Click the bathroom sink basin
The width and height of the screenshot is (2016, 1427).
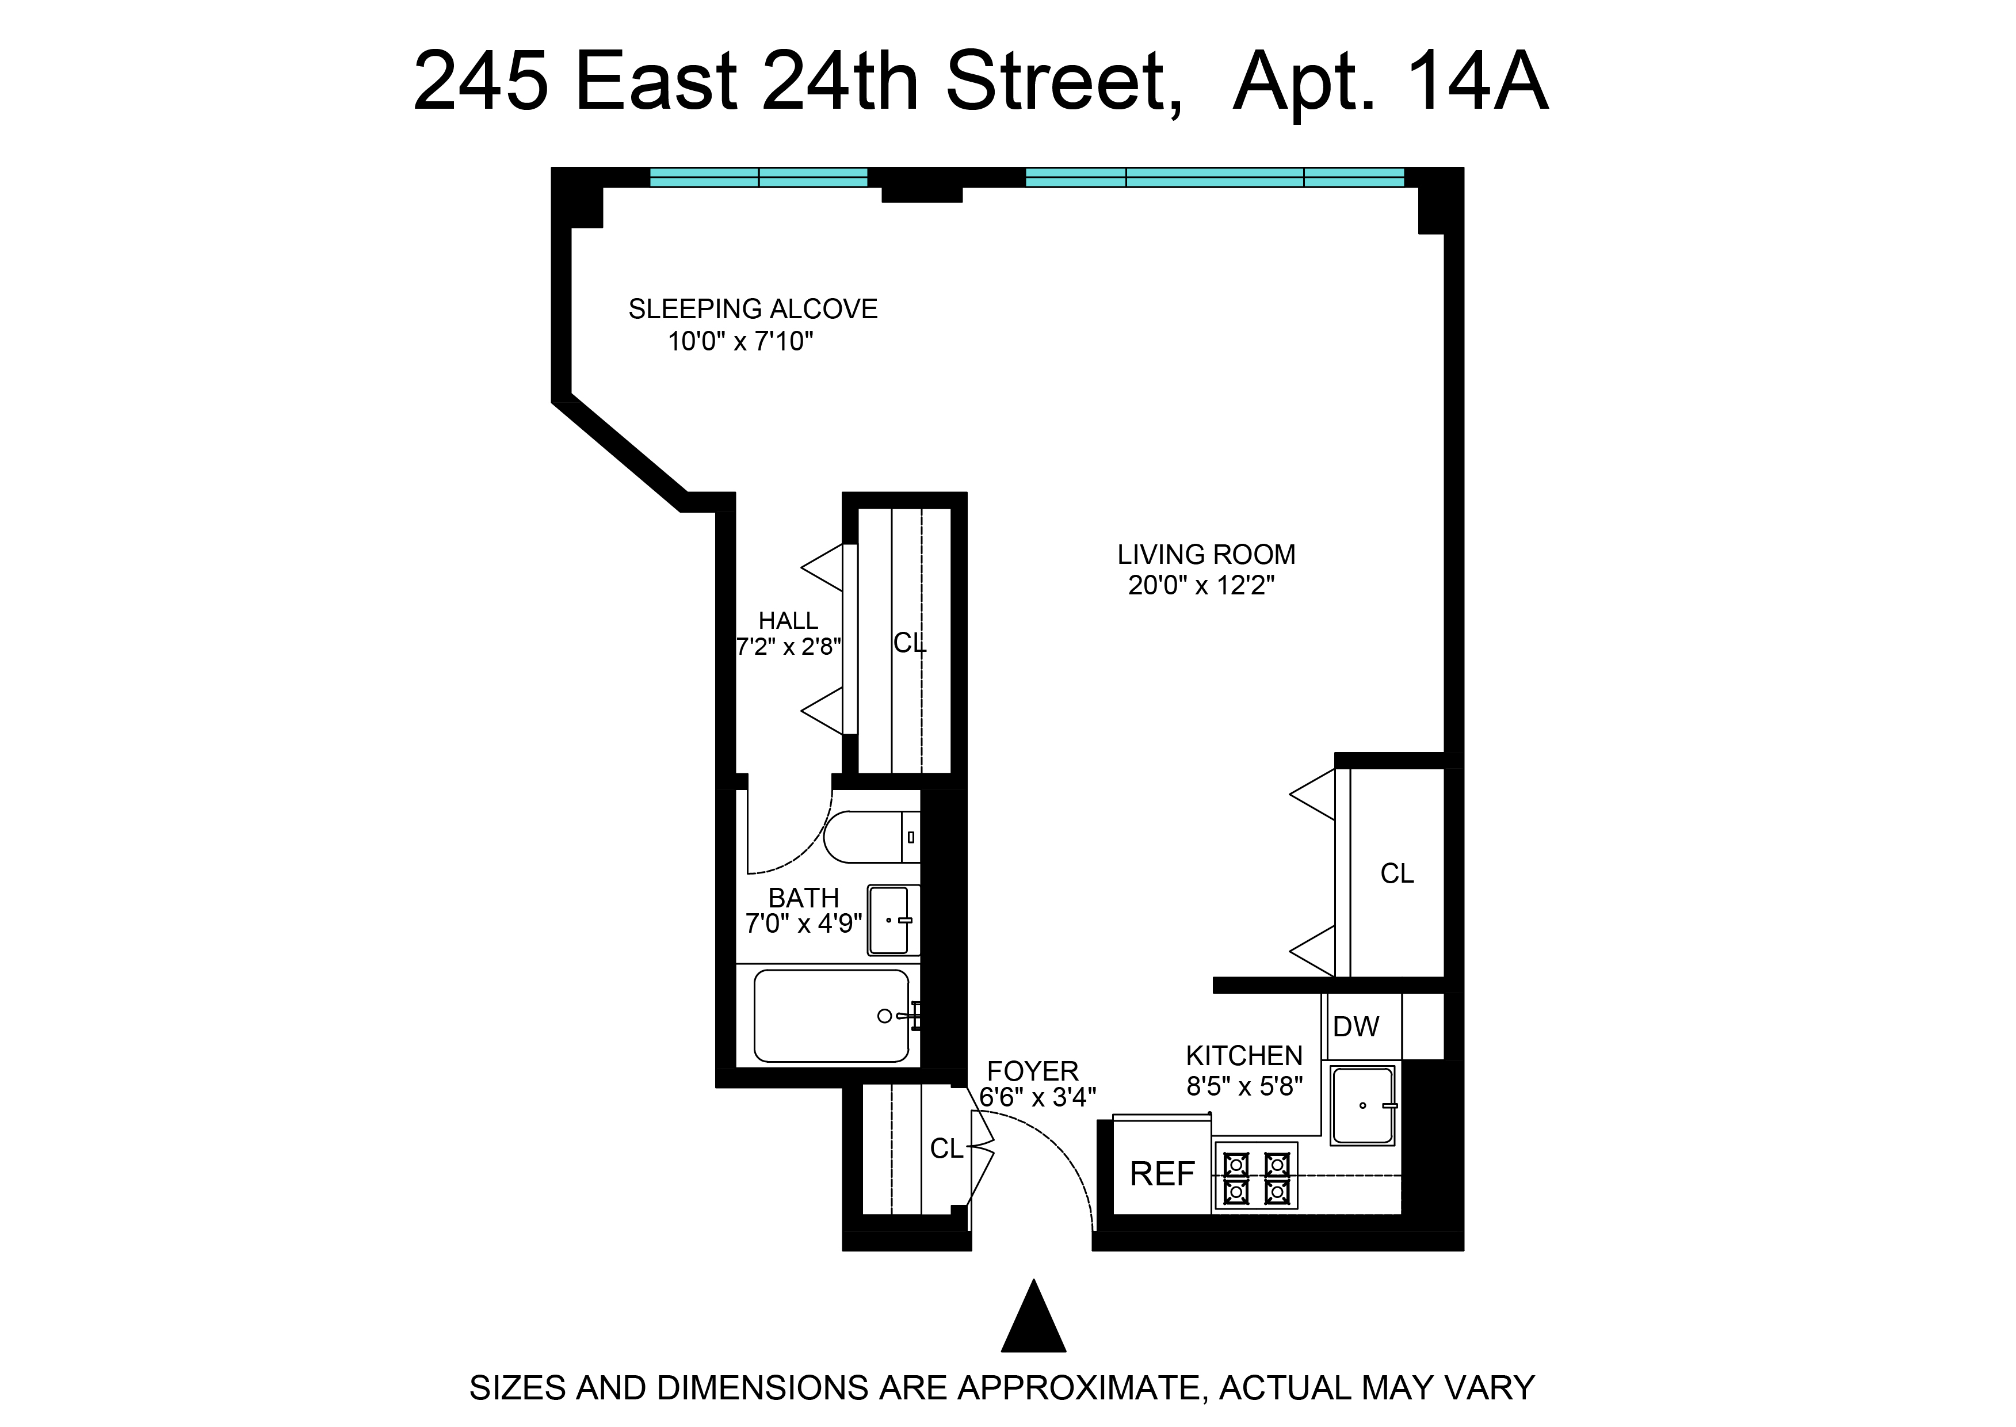click(890, 920)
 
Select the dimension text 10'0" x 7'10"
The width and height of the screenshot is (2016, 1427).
click(740, 341)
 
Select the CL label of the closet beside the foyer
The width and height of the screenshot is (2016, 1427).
click(946, 1149)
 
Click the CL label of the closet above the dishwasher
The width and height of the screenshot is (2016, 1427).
click(1397, 873)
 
